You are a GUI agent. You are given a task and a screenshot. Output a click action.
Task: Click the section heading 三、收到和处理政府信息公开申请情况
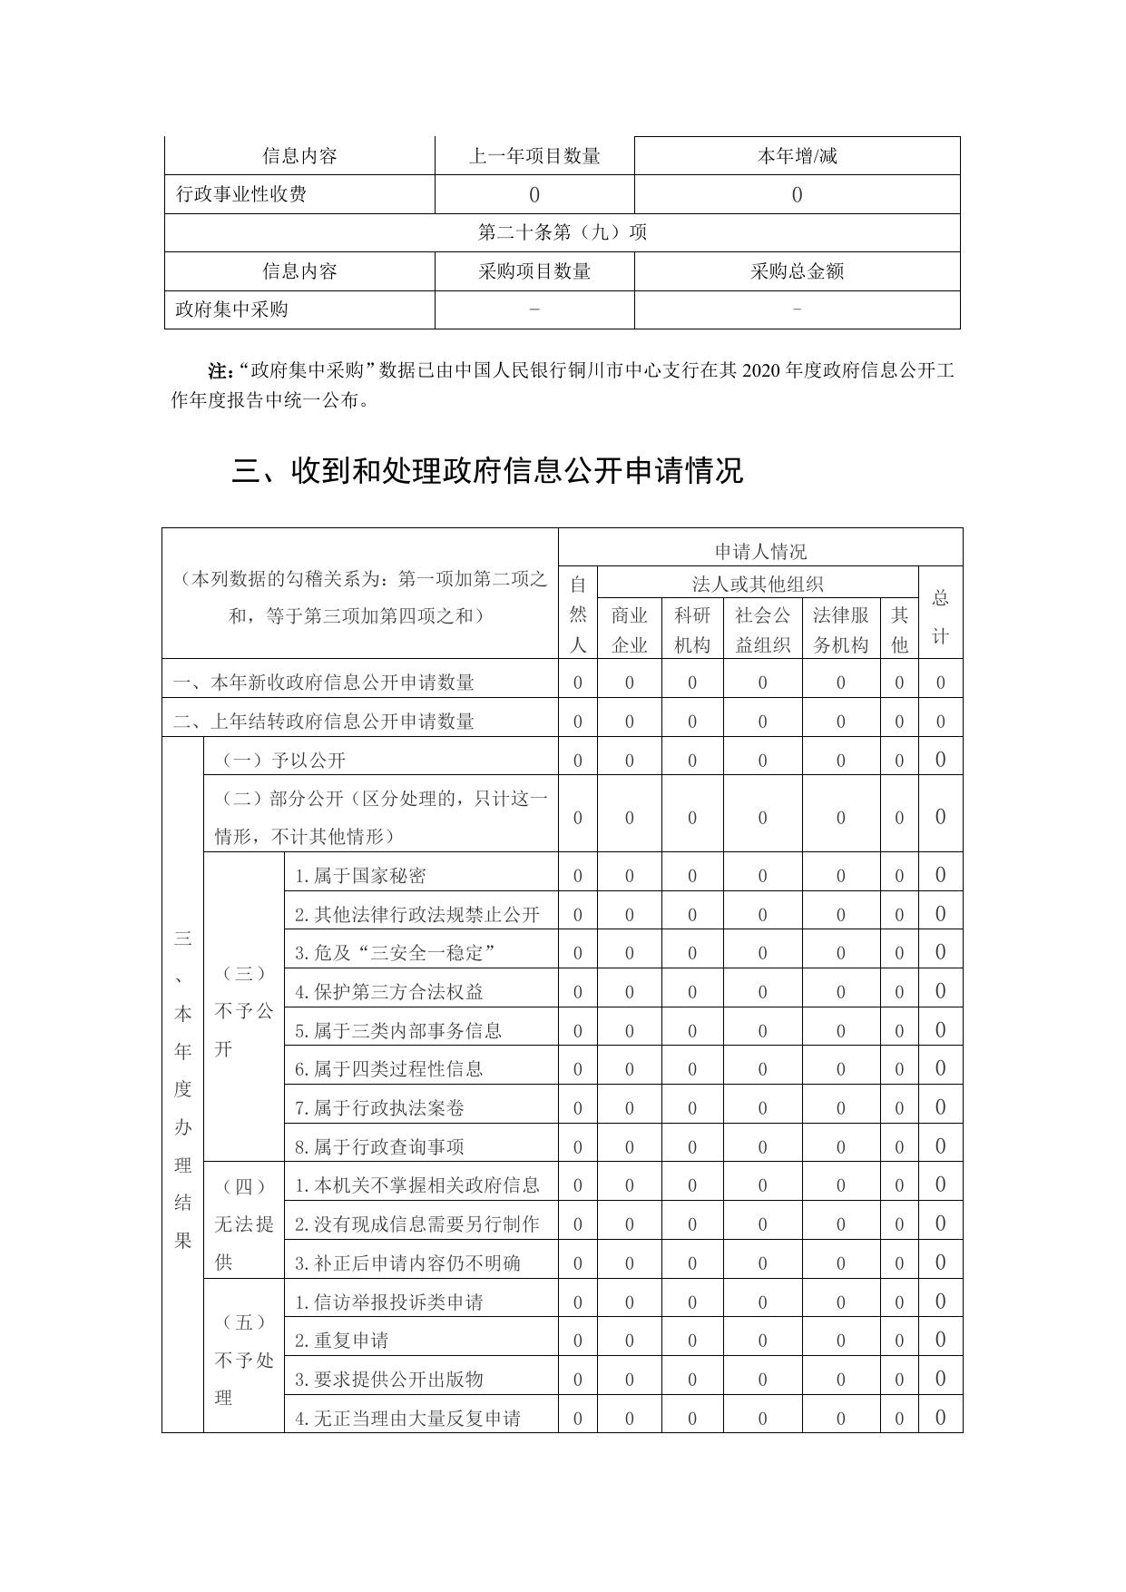(x=487, y=471)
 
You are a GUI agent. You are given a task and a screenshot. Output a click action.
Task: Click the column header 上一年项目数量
(x=534, y=156)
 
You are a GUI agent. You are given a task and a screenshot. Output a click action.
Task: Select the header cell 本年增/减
(x=797, y=156)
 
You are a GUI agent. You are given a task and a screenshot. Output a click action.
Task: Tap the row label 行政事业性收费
(x=241, y=194)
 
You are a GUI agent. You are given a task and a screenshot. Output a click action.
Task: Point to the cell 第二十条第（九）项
(x=562, y=232)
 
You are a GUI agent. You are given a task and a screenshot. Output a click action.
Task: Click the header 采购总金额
(x=797, y=271)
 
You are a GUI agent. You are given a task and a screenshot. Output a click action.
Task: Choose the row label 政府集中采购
(x=231, y=310)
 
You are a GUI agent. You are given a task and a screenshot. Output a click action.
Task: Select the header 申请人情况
(x=760, y=551)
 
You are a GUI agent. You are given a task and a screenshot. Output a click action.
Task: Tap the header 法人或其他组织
(x=758, y=585)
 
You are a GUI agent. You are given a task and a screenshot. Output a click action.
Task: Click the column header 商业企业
(x=629, y=630)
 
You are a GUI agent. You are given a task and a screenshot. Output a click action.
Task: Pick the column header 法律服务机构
(x=840, y=630)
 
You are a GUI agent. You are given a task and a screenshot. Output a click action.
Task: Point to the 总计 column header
(x=940, y=616)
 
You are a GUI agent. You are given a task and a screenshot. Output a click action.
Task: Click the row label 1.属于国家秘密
(x=360, y=876)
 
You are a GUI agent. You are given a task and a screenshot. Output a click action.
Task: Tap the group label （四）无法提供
(x=243, y=1223)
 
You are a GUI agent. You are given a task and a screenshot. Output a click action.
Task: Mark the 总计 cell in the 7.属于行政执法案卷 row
(x=940, y=1107)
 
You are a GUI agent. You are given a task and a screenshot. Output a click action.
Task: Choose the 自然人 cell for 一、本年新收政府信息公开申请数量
(x=577, y=683)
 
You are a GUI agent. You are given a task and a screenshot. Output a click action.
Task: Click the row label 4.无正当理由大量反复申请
(x=407, y=1418)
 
